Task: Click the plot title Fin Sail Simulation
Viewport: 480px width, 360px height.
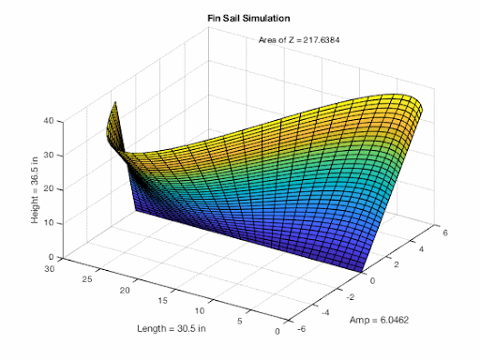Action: click(x=242, y=18)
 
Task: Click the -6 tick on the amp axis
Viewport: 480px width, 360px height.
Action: click(x=300, y=328)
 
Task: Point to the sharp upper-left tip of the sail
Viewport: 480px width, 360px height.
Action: click(x=114, y=101)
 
